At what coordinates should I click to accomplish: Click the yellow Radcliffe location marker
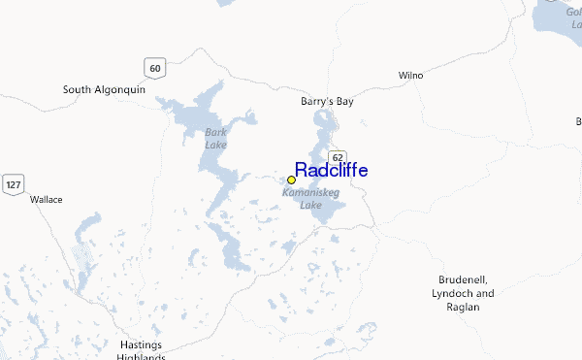291,180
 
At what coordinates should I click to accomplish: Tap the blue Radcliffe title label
331,171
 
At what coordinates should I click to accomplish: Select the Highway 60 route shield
154,67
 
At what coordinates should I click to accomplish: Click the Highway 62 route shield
337,157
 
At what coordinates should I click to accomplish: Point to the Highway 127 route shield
14,184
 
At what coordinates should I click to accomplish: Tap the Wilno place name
411,75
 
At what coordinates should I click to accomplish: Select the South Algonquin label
104,89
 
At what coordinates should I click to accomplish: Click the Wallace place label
47,199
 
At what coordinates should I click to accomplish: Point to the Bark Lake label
215,138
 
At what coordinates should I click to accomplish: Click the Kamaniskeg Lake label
309,199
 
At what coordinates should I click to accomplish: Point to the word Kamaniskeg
309,193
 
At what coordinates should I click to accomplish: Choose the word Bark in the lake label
215,132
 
